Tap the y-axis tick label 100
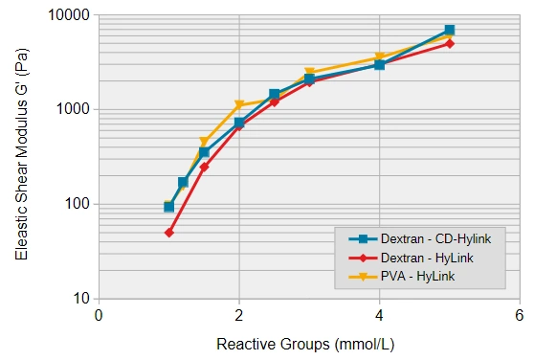tap(77, 204)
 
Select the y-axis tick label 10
tap(80, 298)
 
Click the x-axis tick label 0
tap(99, 315)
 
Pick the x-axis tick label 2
tap(239, 315)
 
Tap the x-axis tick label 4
tap(379, 315)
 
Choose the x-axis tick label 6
tap(520, 315)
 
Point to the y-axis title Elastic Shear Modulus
tap(21, 158)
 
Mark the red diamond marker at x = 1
tap(169, 233)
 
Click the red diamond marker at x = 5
tap(450, 43)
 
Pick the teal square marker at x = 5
tap(450, 31)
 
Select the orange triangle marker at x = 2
tap(239, 105)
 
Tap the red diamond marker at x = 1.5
tap(204, 167)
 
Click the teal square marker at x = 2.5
tap(275, 95)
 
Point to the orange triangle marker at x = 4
tap(380, 58)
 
